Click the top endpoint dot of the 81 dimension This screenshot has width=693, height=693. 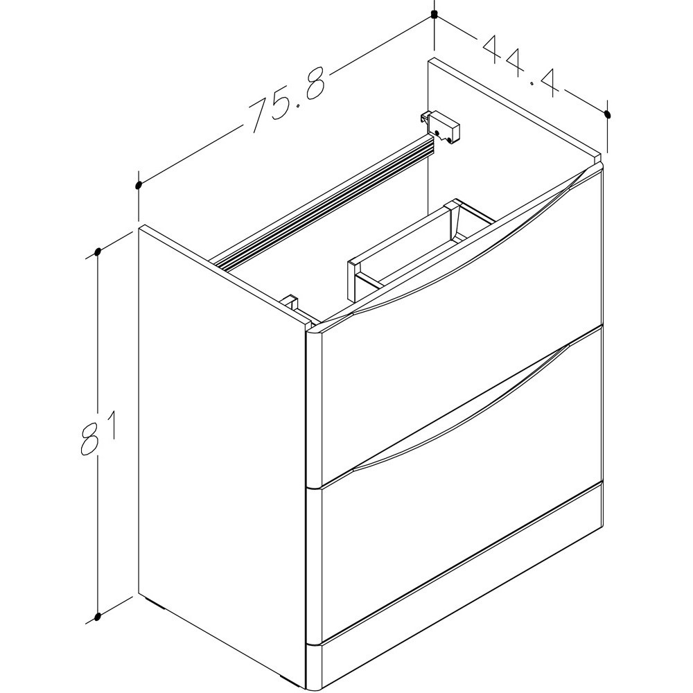(x=98, y=252)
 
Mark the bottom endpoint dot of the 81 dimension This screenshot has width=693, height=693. (x=98, y=615)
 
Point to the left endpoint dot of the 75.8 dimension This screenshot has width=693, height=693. (x=139, y=185)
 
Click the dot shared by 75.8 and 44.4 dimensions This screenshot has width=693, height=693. (x=435, y=15)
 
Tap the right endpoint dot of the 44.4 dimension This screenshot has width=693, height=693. (x=608, y=114)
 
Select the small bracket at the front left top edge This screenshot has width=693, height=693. (x=291, y=304)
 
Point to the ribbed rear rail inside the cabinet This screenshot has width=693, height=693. (x=326, y=201)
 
